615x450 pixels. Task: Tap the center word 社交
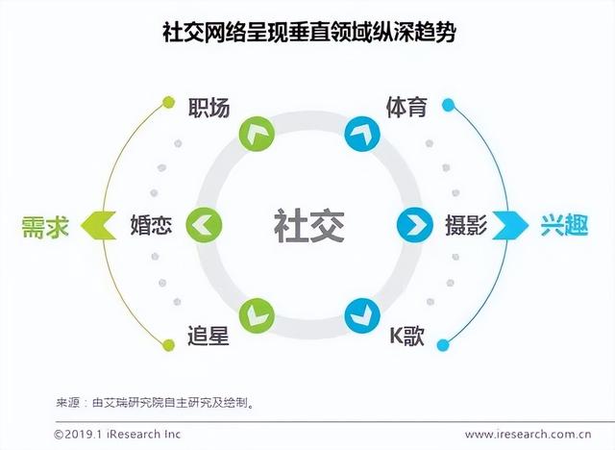click(x=307, y=226)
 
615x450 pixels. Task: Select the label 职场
click(x=209, y=108)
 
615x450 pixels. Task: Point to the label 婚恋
click(x=152, y=226)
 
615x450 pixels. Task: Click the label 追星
click(x=209, y=337)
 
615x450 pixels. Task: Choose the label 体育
click(x=406, y=108)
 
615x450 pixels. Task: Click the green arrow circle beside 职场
click(x=257, y=135)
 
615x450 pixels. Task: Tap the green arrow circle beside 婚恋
click(x=204, y=226)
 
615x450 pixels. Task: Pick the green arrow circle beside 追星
click(x=257, y=314)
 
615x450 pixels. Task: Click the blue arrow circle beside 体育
click(x=361, y=135)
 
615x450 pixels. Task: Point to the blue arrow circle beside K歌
click(x=361, y=314)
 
